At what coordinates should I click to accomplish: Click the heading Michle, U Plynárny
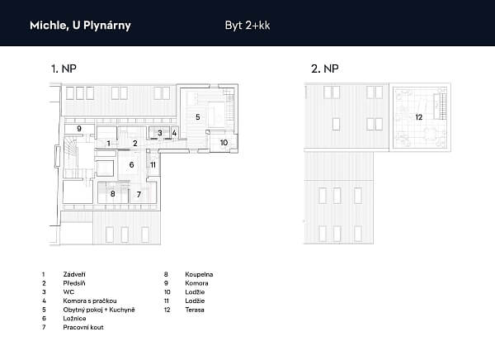click(80, 26)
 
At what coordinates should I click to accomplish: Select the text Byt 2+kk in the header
click(247, 26)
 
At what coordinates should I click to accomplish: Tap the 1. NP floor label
click(64, 69)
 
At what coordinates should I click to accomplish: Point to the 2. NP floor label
click(325, 69)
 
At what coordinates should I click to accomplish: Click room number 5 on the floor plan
click(198, 117)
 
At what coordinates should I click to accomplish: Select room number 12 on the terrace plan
click(418, 117)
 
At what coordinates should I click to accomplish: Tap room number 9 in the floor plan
click(79, 129)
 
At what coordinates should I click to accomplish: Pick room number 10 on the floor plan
click(224, 143)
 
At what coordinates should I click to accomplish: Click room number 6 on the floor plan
click(132, 164)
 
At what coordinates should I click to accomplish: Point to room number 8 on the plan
click(113, 193)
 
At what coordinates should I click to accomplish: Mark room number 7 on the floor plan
click(139, 194)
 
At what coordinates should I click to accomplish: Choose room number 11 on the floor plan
click(153, 164)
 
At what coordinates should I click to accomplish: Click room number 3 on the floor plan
click(160, 133)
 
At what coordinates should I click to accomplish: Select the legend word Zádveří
click(74, 274)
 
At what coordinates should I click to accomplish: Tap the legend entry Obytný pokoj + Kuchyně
click(99, 310)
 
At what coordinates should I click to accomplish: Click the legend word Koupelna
click(199, 274)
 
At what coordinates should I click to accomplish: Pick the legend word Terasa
click(195, 310)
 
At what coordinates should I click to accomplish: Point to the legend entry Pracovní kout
click(83, 327)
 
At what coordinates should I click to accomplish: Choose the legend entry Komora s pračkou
click(90, 301)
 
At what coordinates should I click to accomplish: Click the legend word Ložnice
click(74, 318)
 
